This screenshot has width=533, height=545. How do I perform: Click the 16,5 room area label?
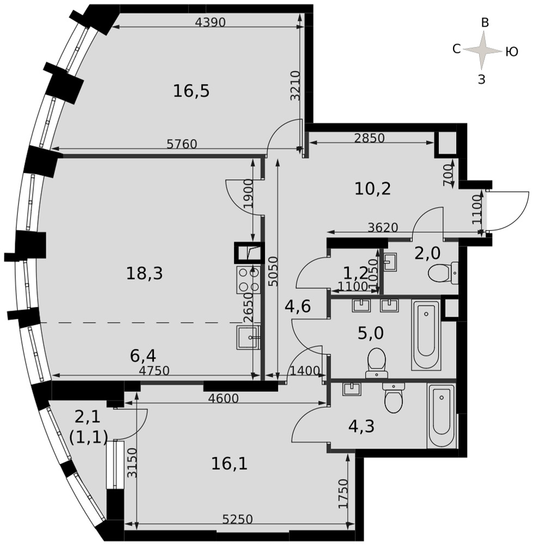pos(191,91)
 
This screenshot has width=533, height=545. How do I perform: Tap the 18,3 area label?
pos(144,274)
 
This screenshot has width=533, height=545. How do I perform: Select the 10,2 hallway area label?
pos(373,189)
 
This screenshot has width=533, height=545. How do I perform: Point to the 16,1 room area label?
pos(230,464)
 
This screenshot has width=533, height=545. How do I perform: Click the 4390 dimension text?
pos(210,22)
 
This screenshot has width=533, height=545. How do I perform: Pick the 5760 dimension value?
pos(182,144)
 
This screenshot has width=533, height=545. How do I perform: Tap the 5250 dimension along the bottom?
pos(237,519)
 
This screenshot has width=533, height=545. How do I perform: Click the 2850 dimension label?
pos(370,138)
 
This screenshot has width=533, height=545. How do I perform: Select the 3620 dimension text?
pos(383,227)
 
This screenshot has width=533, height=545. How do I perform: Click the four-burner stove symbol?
pos(249,280)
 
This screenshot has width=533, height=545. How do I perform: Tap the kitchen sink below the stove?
pos(248,337)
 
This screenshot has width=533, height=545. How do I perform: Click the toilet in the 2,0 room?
pos(443,273)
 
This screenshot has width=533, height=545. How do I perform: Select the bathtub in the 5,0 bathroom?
pos(426,335)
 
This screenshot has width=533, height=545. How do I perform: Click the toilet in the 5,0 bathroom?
pos(376,363)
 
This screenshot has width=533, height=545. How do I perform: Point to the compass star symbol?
pos(483,50)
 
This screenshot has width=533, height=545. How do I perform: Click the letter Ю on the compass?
pos(511,52)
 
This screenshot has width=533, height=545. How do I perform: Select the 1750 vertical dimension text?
pos(343,494)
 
